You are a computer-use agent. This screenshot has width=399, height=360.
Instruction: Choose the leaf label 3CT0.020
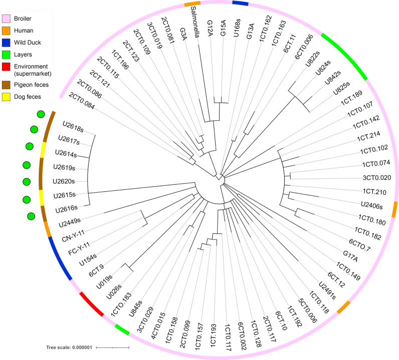(x=369, y=177)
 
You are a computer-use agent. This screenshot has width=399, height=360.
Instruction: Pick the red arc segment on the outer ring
(x=91, y=305)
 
